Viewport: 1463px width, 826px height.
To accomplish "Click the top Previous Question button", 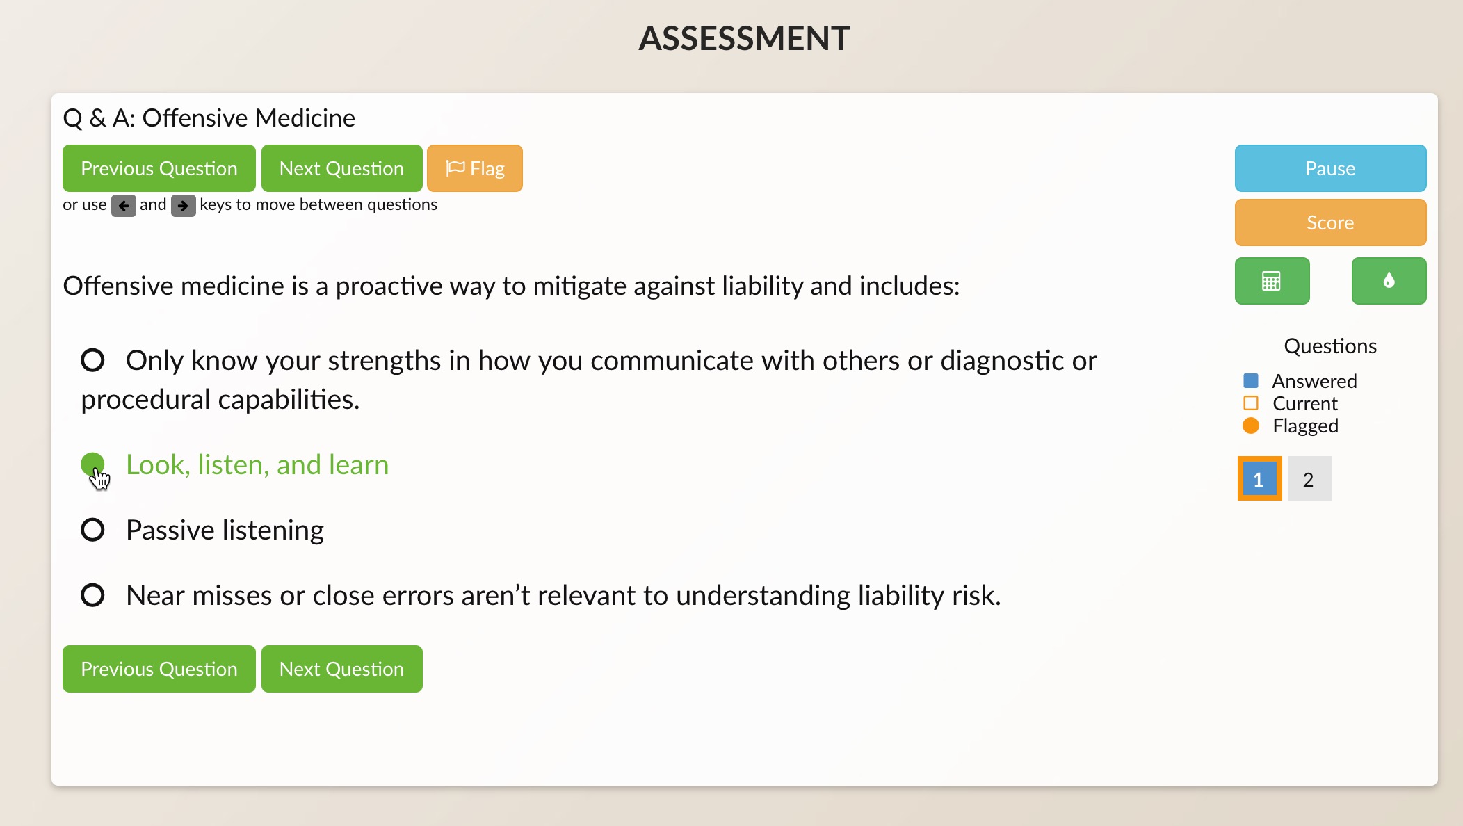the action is pyautogui.click(x=159, y=168).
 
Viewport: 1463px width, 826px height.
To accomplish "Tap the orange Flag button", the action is pyautogui.click(x=475, y=168).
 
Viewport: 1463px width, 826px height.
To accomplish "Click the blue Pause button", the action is pyautogui.click(x=1330, y=168).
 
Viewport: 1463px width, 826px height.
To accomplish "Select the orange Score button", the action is pyautogui.click(x=1330, y=222).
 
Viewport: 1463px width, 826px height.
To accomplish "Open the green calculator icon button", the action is pyautogui.click(x=1272, y=281).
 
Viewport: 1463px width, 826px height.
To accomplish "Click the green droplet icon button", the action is pyautogui.click(x=1389, y=281).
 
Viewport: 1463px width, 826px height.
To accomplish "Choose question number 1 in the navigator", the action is pyautogui.click(x=1259, y=478).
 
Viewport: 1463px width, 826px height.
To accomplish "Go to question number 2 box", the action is pyautogui.click(x=1309, y=478).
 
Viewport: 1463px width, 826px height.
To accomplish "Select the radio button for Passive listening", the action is pyautogui.click(x=92, y=530).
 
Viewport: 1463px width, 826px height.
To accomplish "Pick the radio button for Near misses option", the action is pyautogui.click(x=92, y=595).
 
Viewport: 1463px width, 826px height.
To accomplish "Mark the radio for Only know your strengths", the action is pyautogui.click(x=92, y=360).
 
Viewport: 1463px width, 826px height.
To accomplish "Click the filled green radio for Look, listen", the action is pyautogui.click(x=92, y=464).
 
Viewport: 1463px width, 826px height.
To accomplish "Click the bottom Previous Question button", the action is pyautogui.click(x=159, y=669).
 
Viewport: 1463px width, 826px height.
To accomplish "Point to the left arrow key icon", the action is pyautogui.click(x=124, y=206).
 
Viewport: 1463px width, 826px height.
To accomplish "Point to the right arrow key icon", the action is pyautogui.click(x=184, y=206).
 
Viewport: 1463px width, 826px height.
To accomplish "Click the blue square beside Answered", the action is pyautogui.click(x=1251, y=380).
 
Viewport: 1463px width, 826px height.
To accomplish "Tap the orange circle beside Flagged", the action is pyautogui.click(x=1251, y=426).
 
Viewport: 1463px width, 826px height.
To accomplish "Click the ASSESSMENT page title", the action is pyautogui.click(x=745, y=38).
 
